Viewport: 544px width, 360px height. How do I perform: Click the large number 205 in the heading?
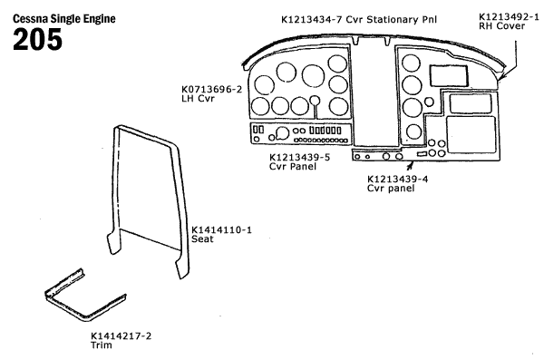pyautogui.click(x=37, y=39)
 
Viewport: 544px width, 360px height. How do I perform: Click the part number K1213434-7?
pyautogui.click(x=312, y=19)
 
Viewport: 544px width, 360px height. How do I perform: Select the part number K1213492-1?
pyautogui.click(x=509, y=16)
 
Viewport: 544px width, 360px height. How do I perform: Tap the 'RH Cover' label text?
pyautogui.click(x=501, y=26)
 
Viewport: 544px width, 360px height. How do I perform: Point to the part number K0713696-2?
pyautogui.click(x=211, y=89)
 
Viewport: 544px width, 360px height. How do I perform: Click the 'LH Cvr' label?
pyautogui.click(x=198, y=98)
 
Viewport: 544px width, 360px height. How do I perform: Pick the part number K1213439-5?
pyautogui.click(x=300, y=157)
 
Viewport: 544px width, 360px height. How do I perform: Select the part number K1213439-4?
pyautogui.click(x=398, y=180)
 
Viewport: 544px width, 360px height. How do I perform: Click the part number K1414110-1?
pyautogui.click(x=222, y=229)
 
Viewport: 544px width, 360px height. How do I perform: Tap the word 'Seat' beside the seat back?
pyautogui.click(x=202, y=238)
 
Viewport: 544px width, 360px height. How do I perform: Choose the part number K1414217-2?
pyautogui.click(x=121, y=336)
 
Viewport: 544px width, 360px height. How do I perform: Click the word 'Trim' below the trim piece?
pyautogui.click(x=102, y=345)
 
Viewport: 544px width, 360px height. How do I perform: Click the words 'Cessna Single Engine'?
pyautogui.click(x=64, y=18)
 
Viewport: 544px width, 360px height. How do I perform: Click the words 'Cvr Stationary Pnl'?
pyautogui.click(x=391, y=19)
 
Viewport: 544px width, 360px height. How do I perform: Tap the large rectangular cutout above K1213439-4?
pyautogui.click(x=471, y=135)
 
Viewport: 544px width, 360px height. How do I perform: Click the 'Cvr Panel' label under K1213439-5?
pyautogui.click(x=293, y=166)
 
